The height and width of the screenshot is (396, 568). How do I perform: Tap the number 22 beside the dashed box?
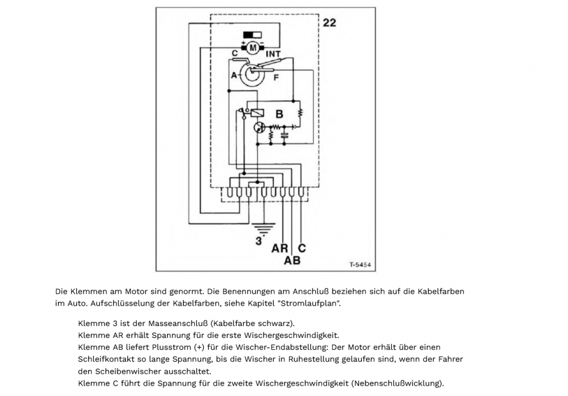(x=329, y=23)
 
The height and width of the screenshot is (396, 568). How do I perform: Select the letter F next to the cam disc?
(x=276, y=78)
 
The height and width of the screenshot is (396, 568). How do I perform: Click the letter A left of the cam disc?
(x=233, y=75)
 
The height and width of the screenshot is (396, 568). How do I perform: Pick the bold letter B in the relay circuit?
(x=279, y=114)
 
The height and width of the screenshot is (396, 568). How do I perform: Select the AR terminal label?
(x=279, y=249)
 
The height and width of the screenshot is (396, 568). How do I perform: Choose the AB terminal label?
(x=292, y=261)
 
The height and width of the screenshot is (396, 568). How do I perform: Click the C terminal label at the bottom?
(x=302, y=248)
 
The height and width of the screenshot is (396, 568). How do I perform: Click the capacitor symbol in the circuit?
(x=283, y=135)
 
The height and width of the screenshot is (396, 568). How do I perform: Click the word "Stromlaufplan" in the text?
(x=316, y=303)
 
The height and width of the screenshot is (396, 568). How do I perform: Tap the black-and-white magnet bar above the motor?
(x=252, y=35)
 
